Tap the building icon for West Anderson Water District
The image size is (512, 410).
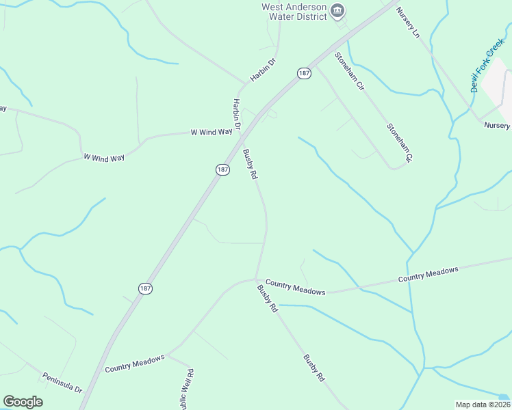click(337, 11)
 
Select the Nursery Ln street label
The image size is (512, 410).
click(407, 23)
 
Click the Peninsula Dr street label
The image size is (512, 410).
click(62, 382)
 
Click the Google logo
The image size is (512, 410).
click(23, 402)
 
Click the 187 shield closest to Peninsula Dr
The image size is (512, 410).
click(145, 288)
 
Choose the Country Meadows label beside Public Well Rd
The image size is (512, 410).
click(135, 363)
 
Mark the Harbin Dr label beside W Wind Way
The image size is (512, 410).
click(237, 114)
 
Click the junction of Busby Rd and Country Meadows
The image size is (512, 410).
click(257, 279)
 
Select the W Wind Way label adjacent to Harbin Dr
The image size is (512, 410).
click(211, 132)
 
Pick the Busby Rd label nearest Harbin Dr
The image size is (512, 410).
click(250, 164)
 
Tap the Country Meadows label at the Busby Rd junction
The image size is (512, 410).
click(295, 286)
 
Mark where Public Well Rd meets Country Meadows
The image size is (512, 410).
click(168, 355)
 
